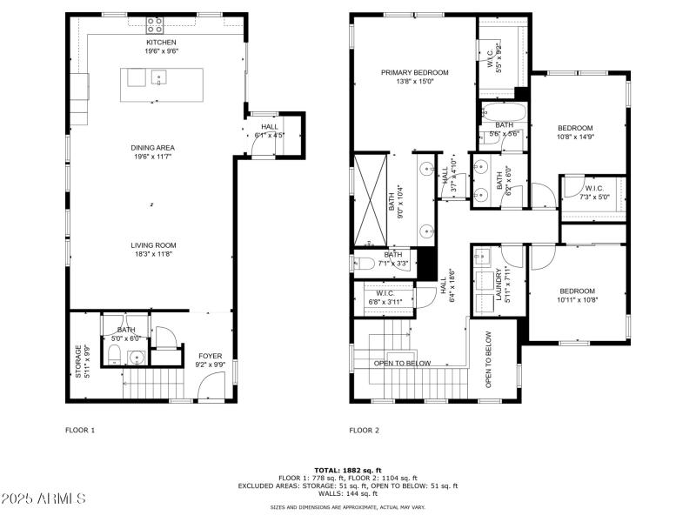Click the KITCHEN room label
(161, 42)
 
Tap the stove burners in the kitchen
(155, 23)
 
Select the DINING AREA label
(153, 148)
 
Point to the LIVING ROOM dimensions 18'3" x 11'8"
(153, 254)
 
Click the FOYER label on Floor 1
(210, 356)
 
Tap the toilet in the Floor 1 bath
(113, 352)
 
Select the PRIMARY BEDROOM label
(414, 73)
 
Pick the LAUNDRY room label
(499, 283)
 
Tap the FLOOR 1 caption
(80, 430)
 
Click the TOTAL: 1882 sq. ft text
(347, 470)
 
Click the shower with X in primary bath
(369, 198)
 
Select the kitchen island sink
(159, 78)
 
